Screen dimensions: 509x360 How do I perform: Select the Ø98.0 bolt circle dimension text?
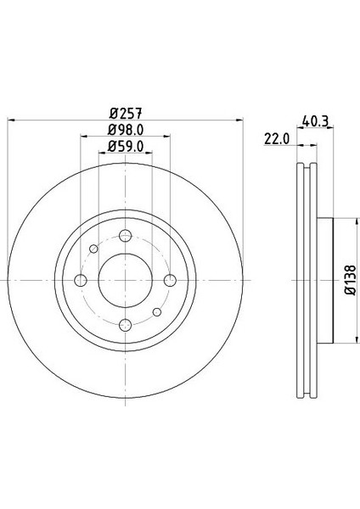[125, 129]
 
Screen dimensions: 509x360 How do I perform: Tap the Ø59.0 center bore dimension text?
[125, 147]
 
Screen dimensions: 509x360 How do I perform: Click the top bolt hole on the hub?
[125, 237]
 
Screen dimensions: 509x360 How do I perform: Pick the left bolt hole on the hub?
[82, 281]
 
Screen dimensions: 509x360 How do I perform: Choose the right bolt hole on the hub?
[169, 281]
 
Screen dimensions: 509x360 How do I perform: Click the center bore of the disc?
[125, 281]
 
